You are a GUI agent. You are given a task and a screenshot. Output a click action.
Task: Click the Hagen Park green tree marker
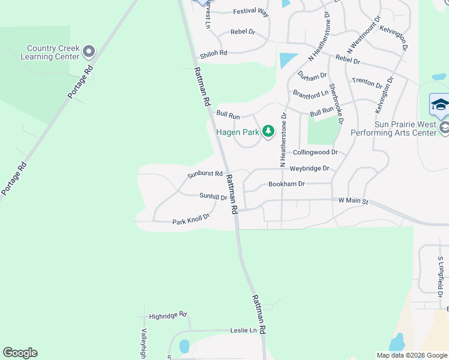click(x=268, y=131)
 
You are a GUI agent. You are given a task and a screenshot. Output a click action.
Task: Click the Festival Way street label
click(x=250, y=11)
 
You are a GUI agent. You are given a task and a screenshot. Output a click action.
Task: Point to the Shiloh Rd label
click(x=214, y=53)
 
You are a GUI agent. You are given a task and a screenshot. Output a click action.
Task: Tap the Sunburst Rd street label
click(x=205, y=174)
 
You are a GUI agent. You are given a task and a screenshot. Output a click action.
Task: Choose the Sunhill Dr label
click(x=213, y=196)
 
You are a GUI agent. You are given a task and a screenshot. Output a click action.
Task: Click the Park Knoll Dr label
click(x=190, y=220)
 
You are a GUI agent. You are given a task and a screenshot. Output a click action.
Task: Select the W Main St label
click(x=353, y=200)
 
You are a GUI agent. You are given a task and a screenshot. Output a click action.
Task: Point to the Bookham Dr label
click(x=286, y=184)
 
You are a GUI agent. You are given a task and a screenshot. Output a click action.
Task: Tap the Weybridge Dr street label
click(x=309, y=169)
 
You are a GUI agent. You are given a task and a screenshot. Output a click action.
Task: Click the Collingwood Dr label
click(x=315, y=152)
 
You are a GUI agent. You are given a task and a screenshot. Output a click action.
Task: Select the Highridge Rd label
click(x=168, y=315)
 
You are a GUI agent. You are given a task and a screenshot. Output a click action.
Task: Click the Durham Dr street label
click(x=312, y=76)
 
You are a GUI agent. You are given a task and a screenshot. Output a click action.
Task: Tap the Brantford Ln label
click(x=310, y=93)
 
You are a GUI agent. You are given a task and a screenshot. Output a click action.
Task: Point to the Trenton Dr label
click(x=367, y=82)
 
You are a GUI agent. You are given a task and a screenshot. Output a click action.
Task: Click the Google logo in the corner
click(x=20, y=353)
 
